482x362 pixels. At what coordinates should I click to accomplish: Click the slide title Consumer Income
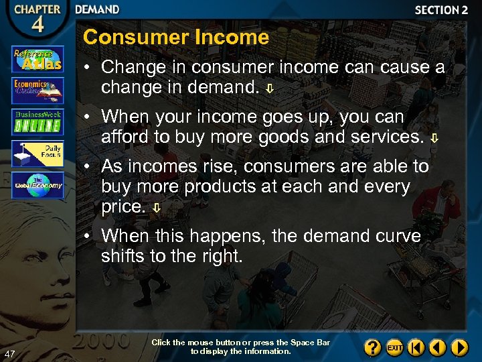(x=175, y=37)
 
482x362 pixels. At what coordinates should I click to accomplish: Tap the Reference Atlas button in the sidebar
(x=37, y=59)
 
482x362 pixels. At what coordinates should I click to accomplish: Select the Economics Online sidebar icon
(x=37, y=90)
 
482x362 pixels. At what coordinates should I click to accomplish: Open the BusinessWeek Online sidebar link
(x=37, y=122)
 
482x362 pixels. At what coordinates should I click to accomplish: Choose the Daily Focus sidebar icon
(x=37, y=154)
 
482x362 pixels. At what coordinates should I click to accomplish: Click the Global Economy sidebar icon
(x=37, y=185)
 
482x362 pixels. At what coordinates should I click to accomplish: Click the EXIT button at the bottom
(x=395, y=348)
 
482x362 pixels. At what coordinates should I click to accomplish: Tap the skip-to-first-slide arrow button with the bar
(x=416, y=348)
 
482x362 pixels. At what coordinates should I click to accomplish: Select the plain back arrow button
(x=438, y=348)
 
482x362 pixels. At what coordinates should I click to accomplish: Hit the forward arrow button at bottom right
(x=459, y=348)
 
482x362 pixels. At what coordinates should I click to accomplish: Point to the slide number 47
(x=9, y=353)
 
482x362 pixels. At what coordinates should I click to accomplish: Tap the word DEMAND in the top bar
(x=97, y=9)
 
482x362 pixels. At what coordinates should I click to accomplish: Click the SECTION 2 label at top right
(x=441, y=10)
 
